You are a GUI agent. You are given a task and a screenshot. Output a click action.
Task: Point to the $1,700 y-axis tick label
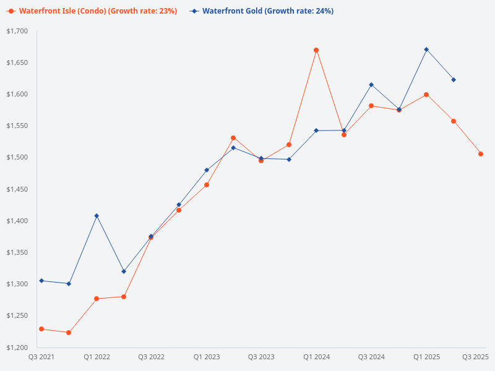(x=18, y=31)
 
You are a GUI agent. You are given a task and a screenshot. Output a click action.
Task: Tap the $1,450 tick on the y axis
(x=18, y=189)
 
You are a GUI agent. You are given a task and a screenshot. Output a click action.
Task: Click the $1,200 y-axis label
(x=18, y=348)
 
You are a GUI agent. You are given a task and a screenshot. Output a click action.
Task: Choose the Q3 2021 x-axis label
(x=41, y=357)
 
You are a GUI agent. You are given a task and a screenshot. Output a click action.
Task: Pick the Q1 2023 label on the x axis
(x=206, y=357)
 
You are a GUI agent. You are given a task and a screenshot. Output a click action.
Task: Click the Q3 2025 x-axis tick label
(x=476, y=357)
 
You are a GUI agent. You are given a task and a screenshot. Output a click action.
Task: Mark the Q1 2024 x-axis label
(x=316, y=357)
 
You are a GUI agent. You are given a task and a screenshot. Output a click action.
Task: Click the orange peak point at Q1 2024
(x=316, y=50)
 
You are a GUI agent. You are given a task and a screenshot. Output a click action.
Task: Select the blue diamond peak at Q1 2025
(x=426, y=49)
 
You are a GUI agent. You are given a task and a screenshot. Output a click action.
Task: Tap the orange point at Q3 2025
(x=481, y=154)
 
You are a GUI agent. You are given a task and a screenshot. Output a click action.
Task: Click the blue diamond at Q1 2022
(x=97, y=216)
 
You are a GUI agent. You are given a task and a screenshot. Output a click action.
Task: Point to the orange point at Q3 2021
(x=41, y=329)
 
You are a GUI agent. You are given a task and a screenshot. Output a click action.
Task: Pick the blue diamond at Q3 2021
(x=41, y=281)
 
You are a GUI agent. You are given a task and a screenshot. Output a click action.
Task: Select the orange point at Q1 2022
(x=97, y=299)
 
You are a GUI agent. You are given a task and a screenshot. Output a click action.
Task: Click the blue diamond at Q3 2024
(x=371, y=85)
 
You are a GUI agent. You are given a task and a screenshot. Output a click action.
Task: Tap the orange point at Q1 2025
(x=426, y=95)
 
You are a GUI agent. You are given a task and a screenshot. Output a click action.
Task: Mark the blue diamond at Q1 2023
(x=207, y=170)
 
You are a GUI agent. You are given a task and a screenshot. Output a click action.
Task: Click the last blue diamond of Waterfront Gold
(x=454, y=80)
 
